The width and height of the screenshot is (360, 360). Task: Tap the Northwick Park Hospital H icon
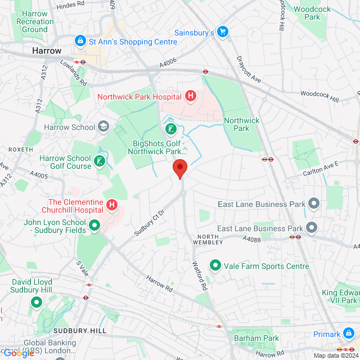click(190, 96)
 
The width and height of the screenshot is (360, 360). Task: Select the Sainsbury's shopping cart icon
click(223, 33)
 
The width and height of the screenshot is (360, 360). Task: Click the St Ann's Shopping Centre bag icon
click(80, 41)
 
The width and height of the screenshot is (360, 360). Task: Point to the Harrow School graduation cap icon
click(103, 127)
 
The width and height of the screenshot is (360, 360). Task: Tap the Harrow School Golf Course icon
click(100, 162)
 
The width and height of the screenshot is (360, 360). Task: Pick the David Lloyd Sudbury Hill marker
click(37, 303)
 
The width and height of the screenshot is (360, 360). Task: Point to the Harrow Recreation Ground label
click(35, 21)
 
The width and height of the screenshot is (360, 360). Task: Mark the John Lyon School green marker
click(94, 226)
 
